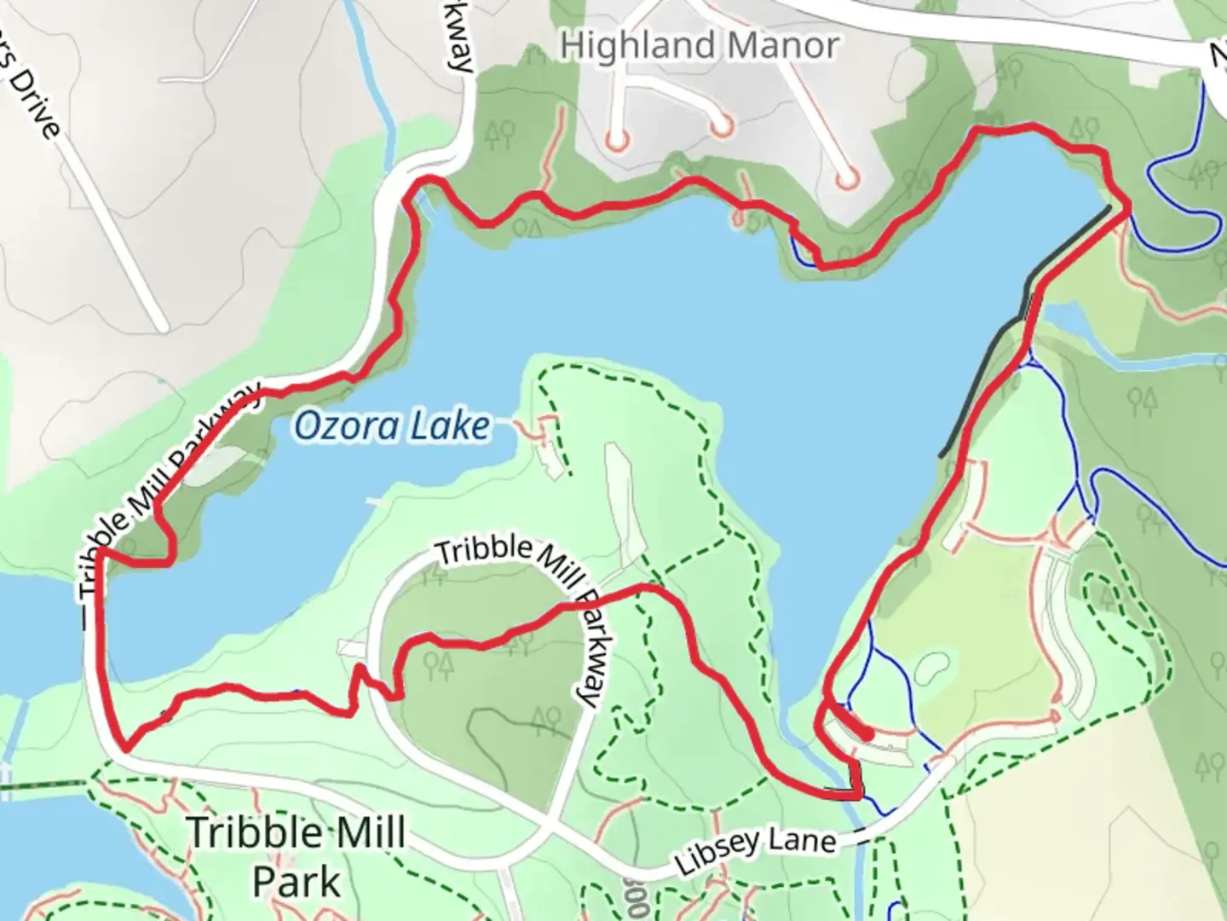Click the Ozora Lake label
coord(393,426)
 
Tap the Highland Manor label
coord(700,45)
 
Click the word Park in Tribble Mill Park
coord(297,882)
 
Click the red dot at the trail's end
coord(867,733)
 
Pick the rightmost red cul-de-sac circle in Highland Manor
coord(847,180)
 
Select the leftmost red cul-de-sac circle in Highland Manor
coord(617,139)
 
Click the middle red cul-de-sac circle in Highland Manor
coord(723,126)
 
